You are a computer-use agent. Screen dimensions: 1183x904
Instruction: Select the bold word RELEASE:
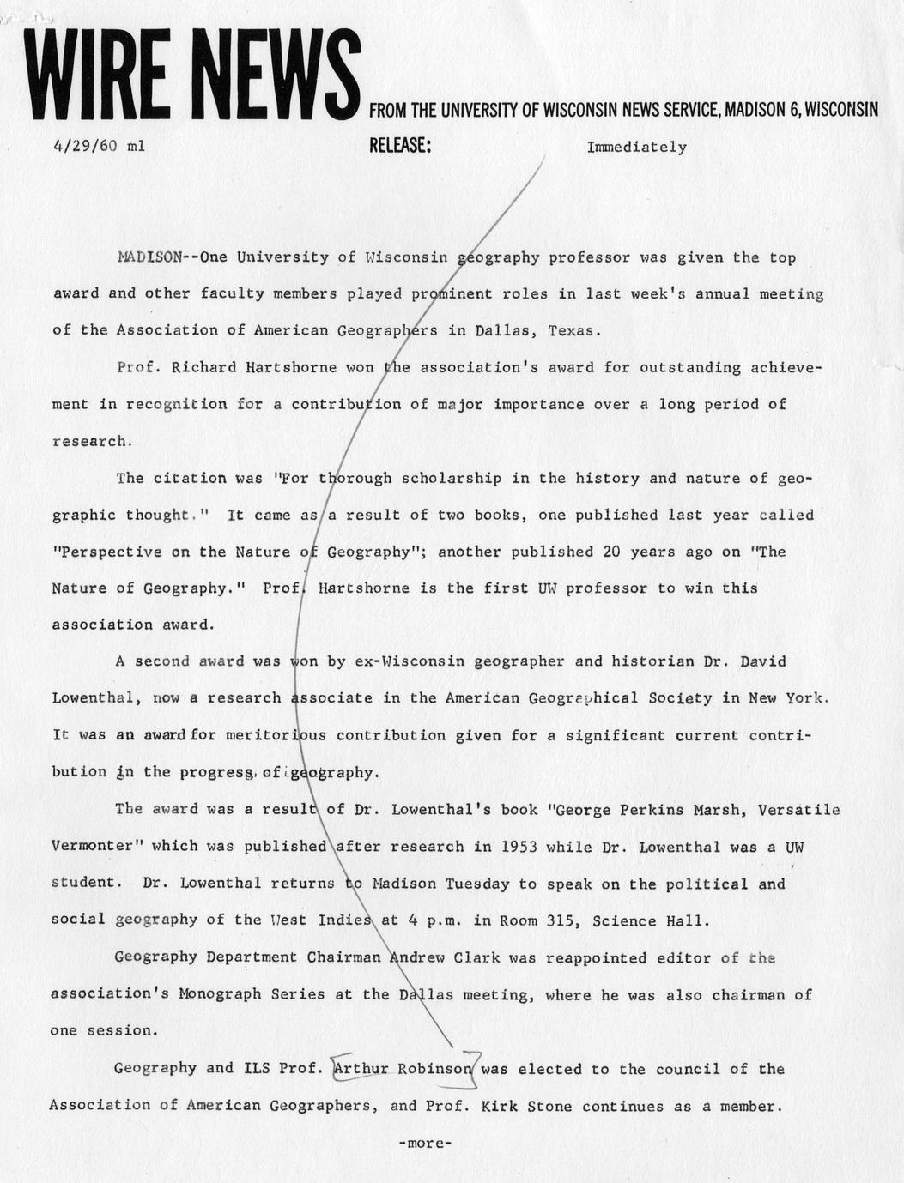click(x=399, y=146)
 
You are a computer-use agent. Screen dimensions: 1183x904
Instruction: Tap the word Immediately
click(x=636, y=147)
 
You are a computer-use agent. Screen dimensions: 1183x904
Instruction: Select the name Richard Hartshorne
click(x=253, y=367)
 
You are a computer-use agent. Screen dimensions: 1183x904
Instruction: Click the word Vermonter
click(x=96, y=846)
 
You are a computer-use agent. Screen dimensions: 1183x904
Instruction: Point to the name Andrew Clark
click(x=440, y=957)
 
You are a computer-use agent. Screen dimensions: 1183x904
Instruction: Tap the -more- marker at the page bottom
click(x=424, y=1143)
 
